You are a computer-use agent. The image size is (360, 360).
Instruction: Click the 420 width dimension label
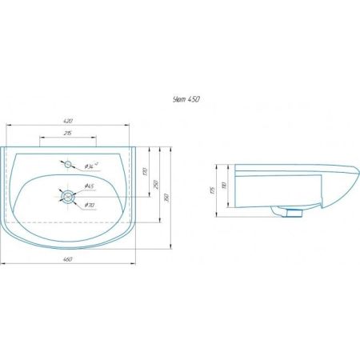pyautogui.click(x=70, y=122)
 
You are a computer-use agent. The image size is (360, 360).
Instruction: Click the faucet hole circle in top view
pyautogui.click(x=69, y=165)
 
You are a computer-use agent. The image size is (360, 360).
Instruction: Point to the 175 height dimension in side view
pyautogui.click(x=214, y=190)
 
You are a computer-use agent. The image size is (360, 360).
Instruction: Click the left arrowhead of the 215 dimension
pyautogui.click(x=40, y=138)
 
